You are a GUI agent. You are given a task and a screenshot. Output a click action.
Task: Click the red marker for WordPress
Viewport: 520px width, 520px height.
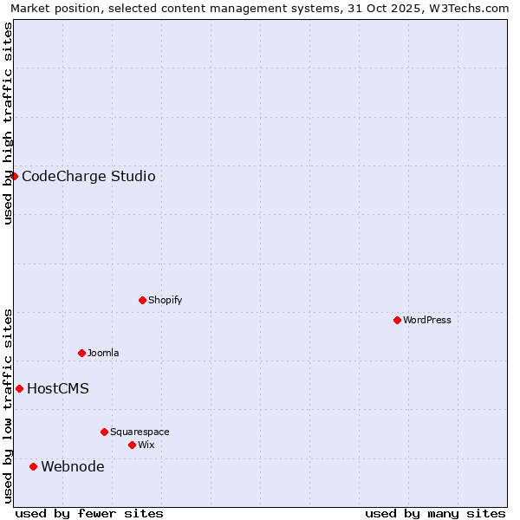(x=397, y=320)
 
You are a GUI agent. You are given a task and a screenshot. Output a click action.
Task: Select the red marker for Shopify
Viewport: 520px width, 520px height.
(x=142, y=300)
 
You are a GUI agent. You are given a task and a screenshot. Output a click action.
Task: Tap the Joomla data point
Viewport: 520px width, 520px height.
(x=81, y=353)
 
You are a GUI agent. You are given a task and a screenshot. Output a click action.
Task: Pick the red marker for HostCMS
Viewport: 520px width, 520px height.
(x=19, y=388)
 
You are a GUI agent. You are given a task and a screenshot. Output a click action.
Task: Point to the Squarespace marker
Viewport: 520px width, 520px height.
(x=104, y=432)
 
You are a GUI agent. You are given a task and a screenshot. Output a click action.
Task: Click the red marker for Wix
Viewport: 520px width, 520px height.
(x=132, y=445)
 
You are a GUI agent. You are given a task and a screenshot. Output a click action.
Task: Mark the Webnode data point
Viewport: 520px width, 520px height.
(x=33, y=466)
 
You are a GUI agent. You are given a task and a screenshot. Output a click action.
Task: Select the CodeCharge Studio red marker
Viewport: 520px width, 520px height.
(x=14, y=176)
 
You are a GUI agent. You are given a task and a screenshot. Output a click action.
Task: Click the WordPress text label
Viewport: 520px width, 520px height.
(x=427, y=320)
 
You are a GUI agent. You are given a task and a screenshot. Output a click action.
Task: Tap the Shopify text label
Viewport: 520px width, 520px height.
(x=165, y=300)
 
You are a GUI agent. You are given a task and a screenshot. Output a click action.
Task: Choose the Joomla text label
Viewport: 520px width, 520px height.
(x=103, y=353)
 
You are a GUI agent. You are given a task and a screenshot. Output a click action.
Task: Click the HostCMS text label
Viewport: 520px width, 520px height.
(x=58, y=388)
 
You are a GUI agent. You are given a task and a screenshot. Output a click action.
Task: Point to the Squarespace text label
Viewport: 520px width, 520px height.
(x=140, y=432)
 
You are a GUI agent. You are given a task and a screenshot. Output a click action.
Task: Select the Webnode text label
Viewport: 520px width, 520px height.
(x=73, y=466)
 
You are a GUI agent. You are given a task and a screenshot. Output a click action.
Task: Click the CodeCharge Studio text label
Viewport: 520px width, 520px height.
(x=88, y=176)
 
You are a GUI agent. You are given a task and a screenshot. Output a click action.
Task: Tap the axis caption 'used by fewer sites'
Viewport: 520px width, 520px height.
(x=89, y=513)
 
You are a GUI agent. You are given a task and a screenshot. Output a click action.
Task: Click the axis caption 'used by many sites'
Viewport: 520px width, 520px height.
(x=435, y=513)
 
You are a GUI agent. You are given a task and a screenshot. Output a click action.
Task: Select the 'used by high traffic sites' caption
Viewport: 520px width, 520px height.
(x=8, y=123)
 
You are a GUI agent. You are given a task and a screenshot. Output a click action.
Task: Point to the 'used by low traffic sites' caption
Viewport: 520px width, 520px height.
(x=8, y=406)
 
